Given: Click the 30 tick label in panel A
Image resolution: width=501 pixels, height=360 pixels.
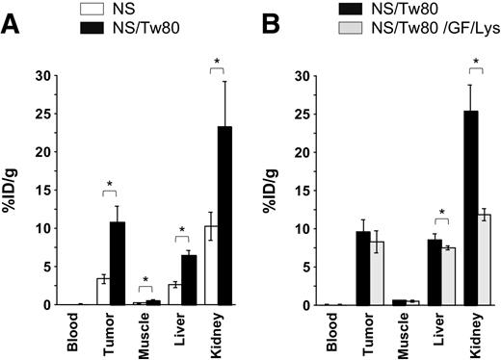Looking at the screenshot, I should pyautogui.click(x=41, y=76).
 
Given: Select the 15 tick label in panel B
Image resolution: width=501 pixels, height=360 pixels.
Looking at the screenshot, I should pyautogui.click(x=299, y=191).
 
